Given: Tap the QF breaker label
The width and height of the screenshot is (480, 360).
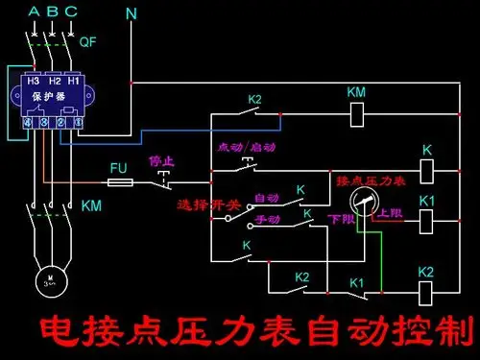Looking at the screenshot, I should coord(87,42).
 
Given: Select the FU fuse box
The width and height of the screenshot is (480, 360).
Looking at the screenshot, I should coord(119,180).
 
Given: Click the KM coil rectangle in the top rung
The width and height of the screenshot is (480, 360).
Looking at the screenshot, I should coord(356,114).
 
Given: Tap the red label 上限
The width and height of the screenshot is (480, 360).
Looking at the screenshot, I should coord(390,213).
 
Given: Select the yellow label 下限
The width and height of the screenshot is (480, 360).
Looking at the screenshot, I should coord(341,220).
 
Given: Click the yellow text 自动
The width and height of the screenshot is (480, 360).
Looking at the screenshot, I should coord(266,198).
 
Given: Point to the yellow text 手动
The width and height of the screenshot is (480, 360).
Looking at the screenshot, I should coord(267,219).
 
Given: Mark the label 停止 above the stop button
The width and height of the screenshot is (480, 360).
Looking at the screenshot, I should coord(160,160).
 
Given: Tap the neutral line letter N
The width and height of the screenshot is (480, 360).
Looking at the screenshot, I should coord(132,14).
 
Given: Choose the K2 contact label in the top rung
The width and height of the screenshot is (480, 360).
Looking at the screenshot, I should coord(254,99).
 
